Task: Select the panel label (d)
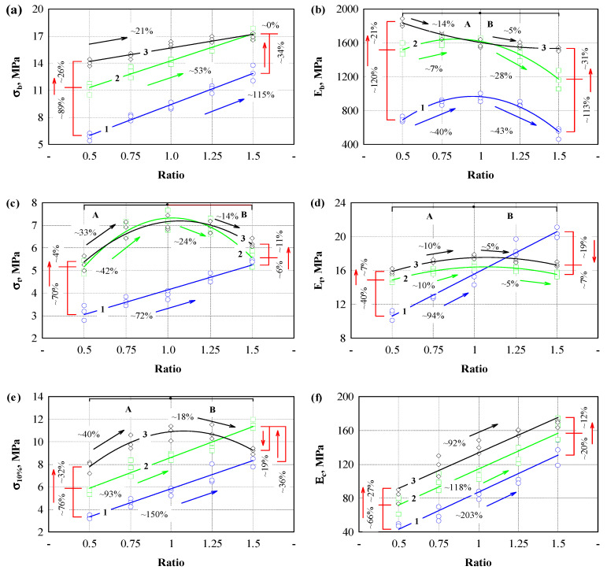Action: (x=320, y=203)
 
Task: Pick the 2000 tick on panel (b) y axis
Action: (x=361, y=9)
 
